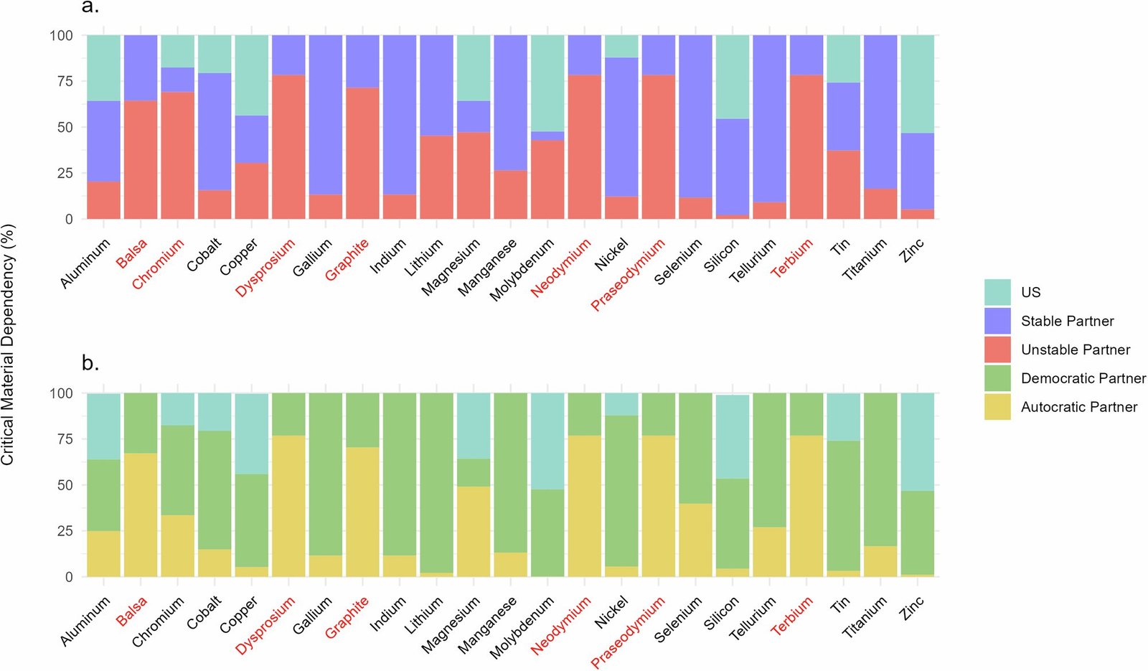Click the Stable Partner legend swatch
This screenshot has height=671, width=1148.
click(997, 321)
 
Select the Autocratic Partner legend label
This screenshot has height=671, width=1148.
click(1078, 407)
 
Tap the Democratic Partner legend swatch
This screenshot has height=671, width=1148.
click(997, 378)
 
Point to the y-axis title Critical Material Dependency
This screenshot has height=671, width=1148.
click(8, 344)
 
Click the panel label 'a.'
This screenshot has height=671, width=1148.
click(90, 7)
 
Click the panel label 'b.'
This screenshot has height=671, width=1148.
click(90, 363)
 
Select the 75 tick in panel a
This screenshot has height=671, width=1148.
click(61, 81)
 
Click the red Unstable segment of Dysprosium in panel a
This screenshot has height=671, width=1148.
click(288, 147)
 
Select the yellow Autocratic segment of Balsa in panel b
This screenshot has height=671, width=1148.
click(141, 515)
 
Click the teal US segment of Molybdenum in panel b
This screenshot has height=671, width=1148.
click(547, 441)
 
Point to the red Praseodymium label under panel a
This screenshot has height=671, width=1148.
click(629, 276)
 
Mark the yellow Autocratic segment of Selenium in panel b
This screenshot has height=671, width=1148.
click(696, 540)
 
